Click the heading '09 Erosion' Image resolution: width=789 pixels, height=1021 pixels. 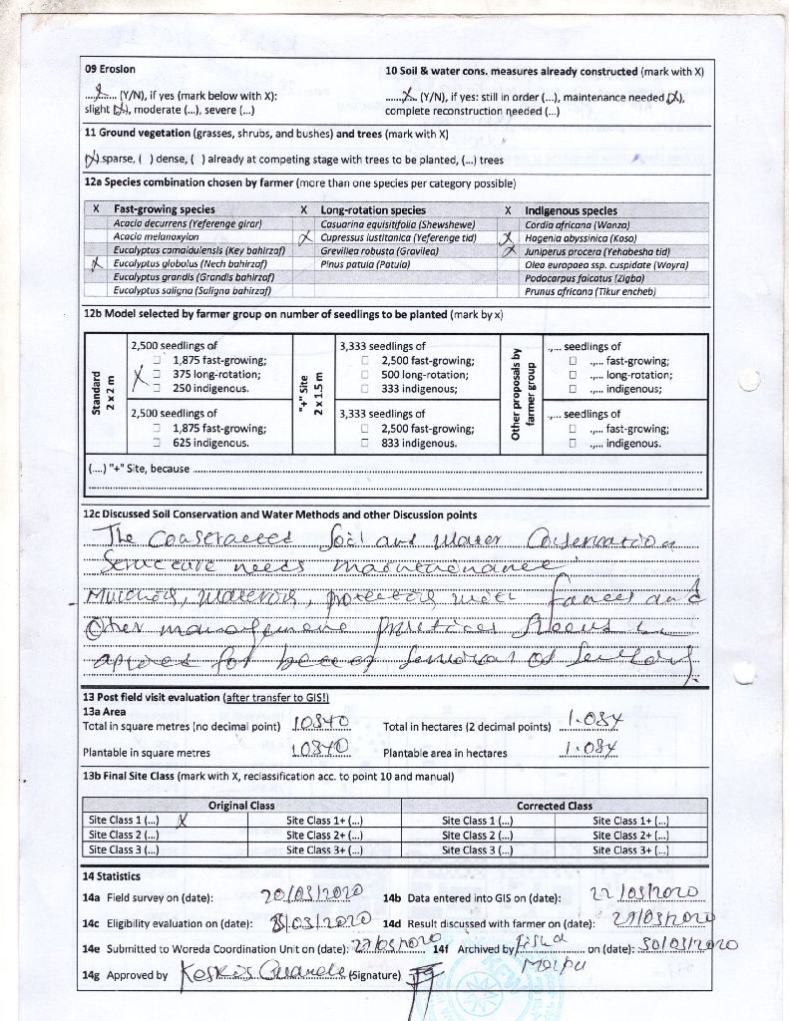tap(110, 70)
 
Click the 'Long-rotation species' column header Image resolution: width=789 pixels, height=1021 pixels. tap(372, 210)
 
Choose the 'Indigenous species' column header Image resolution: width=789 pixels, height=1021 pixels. tap(571, 210)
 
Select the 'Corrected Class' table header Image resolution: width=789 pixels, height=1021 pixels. tap(554, 805)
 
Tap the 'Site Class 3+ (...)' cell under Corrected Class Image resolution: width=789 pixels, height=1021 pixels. tap(630, 851)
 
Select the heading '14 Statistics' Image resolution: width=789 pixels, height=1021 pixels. tap(112, 875)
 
